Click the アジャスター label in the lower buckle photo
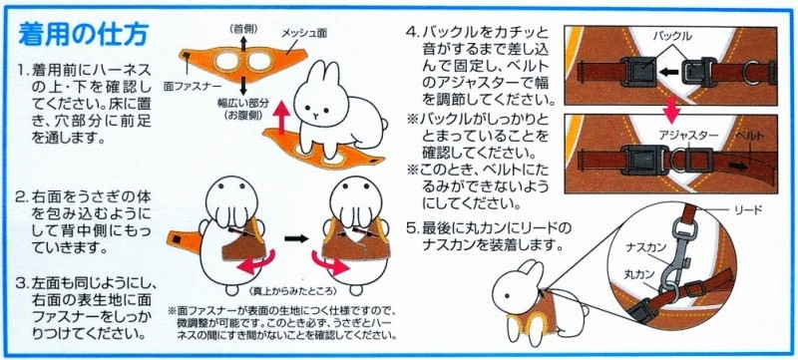[x=653, y=131]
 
